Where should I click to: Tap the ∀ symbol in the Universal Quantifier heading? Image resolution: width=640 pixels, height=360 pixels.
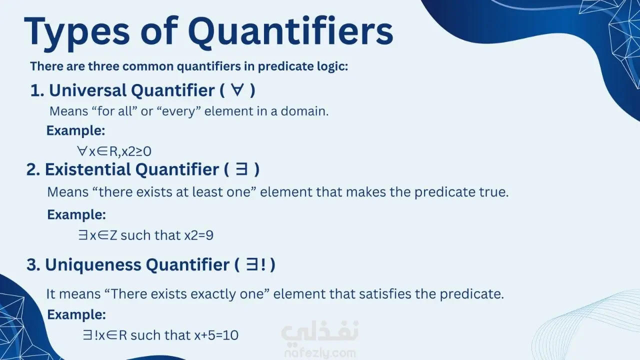pyautogui.click(x=237, y=90)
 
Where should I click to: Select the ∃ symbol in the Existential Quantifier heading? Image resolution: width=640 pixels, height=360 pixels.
pyautogui.click(x=241, y=169)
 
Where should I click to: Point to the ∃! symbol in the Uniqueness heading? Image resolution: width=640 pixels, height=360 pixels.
pyautogui.click(x=255, y=264)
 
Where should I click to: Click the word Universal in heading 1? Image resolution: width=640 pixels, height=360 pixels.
pyautogui.click(x=88, y=90)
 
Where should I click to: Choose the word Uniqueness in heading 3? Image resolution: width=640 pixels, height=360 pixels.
pyautogui.click(x=93, y=265)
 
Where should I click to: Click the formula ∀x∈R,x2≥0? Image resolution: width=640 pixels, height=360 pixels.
pyautogui.click(x=114, y=151)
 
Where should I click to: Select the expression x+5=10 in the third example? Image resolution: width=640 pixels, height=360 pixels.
pyautogui.click(x=216, y=335)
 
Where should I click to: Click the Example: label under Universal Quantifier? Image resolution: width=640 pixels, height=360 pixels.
pyautogui.click(x=75, y=131)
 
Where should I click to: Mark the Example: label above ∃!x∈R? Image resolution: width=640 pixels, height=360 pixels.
pyautogui.click(x=76, y=315)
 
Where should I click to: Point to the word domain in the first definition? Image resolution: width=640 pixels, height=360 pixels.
pyautogui.click(x=304, y=111)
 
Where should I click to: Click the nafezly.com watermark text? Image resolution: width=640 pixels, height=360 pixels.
pyautogui.click(x=320, y=353)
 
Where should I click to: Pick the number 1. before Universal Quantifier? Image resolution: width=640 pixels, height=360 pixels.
pyautogui.click(x=37, y=90)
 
